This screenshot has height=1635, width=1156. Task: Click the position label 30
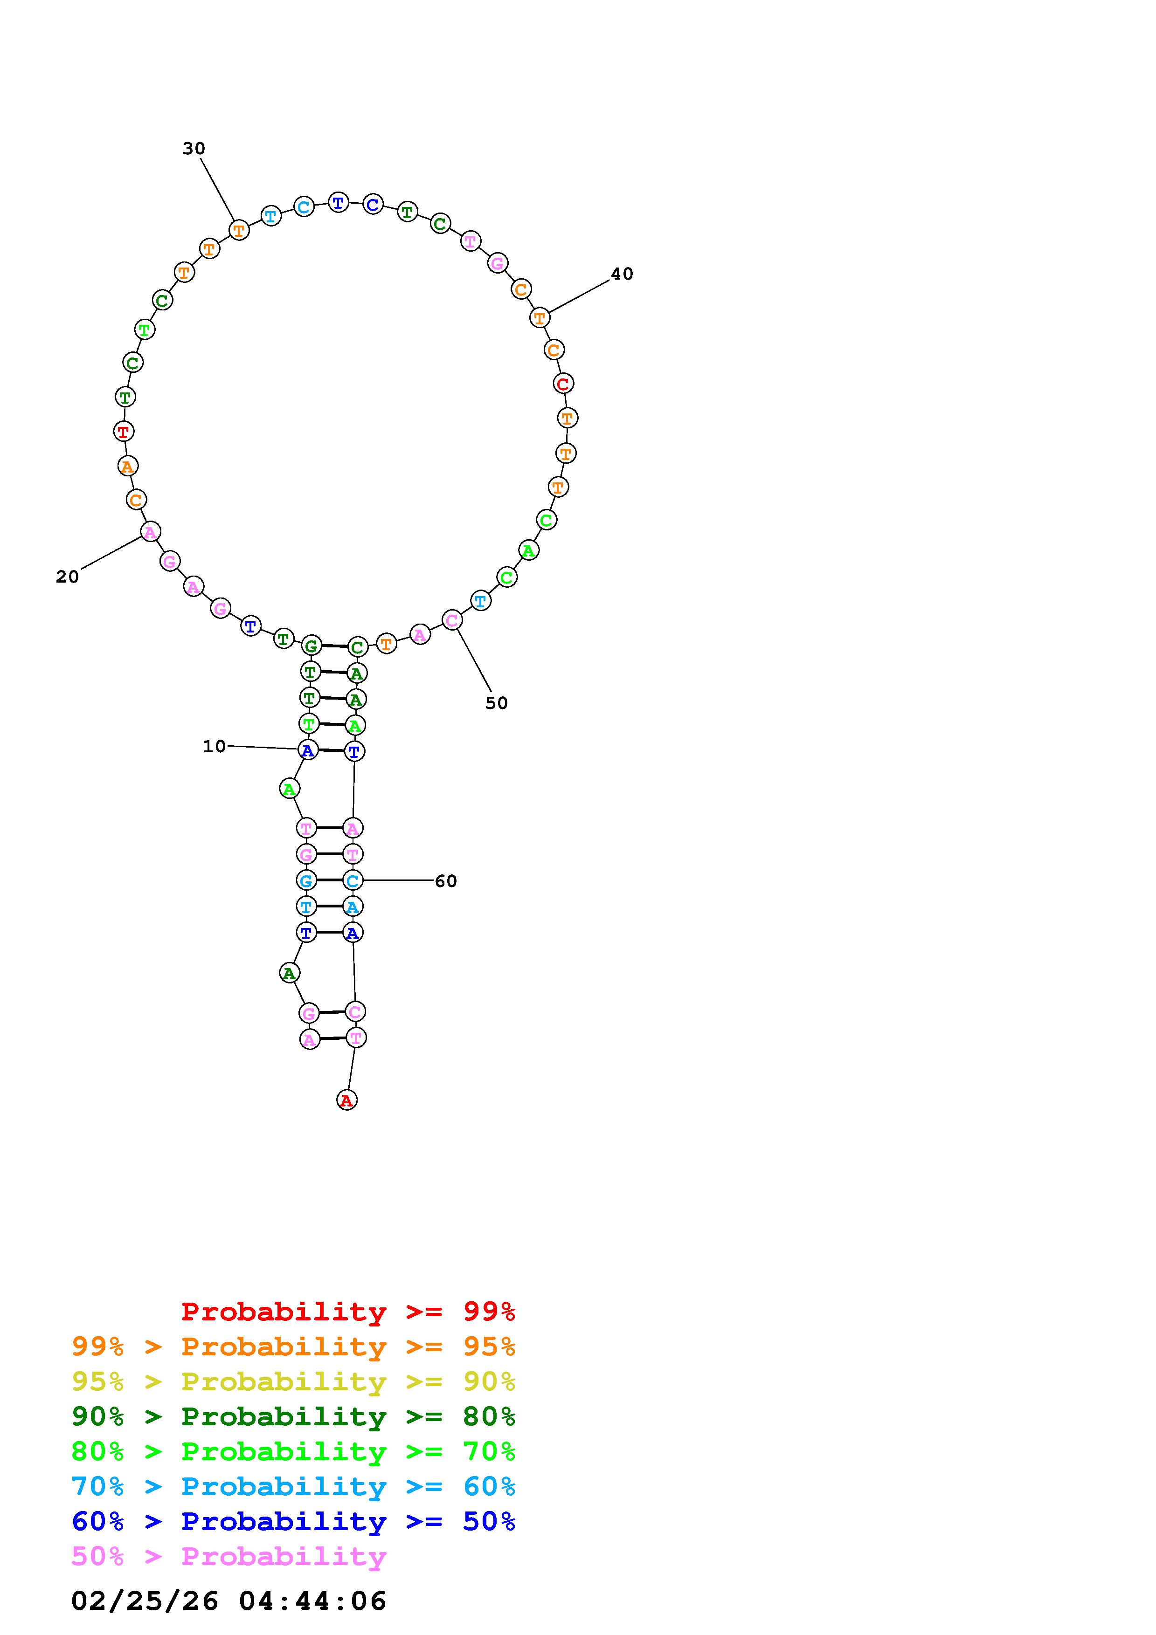point(194,148)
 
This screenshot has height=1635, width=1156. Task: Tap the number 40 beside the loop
point(622,274)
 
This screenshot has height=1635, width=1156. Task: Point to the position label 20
point(67,577)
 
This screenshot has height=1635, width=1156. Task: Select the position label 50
point(497,703)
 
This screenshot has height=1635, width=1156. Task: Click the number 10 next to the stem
point(215,746)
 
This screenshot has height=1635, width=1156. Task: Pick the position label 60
point(446,881)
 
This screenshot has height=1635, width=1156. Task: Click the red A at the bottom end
point(347,1100)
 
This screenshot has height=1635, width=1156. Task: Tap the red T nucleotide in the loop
point(124,431)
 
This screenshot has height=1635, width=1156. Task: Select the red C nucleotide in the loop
point(563,383)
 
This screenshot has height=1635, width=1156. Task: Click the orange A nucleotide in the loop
point(127,467)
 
